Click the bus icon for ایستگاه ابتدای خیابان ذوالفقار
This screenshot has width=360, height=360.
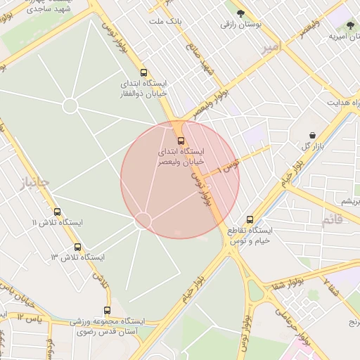point(144,72)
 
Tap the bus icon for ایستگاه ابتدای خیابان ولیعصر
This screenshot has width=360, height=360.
point(181,140)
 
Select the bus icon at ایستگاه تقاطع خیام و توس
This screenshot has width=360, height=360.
point(250,219)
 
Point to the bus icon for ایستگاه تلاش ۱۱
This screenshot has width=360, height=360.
point(57,212)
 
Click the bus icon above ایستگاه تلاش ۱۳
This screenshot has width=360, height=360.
point(77,247)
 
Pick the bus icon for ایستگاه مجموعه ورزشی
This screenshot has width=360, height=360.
point(108,310)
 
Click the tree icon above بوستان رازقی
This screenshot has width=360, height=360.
point(241,13)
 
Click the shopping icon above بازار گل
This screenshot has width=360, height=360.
point(311,135)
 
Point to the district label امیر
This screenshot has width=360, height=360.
point(270,47)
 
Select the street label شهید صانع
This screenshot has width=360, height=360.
point(198,59)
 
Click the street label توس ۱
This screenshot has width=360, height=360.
point(229,166)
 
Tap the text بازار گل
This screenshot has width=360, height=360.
point(311,146)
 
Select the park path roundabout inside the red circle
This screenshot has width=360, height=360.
point(143,221)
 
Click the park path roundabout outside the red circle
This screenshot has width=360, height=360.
point(70,105)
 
